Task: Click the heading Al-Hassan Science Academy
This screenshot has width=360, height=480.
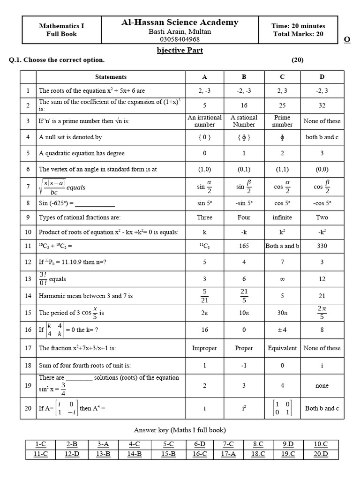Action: click(x=180, y=22)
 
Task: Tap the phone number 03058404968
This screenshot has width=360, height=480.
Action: click(x=180, y=39)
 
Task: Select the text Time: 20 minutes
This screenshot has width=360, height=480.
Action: click(x=298, y=26)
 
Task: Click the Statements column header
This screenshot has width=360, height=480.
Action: click(x=111, y=77)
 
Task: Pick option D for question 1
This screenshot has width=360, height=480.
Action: click(x=322, y=91)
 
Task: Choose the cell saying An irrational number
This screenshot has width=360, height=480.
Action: click(x=204, y=121)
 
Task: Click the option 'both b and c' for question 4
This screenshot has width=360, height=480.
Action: click(x=322, y=137)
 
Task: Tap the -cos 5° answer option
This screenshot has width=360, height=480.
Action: click(x=322, y=203)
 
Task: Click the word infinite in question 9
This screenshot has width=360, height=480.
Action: click(x=282, y=217)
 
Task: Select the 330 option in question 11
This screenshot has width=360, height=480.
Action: click(x=322, y=246)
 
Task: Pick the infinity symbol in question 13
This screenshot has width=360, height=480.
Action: click(x=282, y=279)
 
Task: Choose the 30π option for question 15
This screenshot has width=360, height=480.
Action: click(x=282, y=313)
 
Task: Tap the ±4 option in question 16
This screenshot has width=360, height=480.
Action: click(x=282, y=330)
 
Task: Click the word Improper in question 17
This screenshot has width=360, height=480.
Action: click(x=204, y=348)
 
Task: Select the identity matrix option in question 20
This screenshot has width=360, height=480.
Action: click(x=282, y=408)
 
